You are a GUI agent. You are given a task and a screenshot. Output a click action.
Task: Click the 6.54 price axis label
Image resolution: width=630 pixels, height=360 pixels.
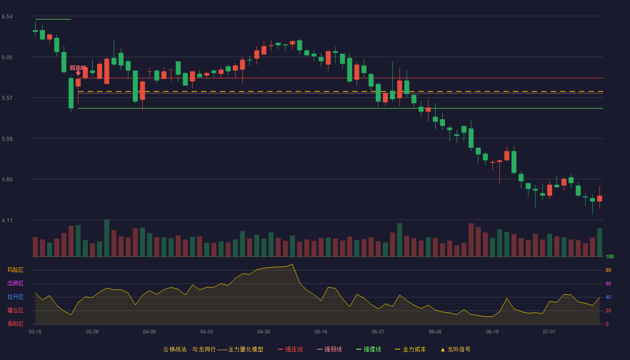pos(7,17)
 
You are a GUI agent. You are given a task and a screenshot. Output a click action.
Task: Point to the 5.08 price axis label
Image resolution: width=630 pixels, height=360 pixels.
pos(7,139)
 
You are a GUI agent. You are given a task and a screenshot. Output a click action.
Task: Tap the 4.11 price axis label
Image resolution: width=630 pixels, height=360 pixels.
pos(7,220)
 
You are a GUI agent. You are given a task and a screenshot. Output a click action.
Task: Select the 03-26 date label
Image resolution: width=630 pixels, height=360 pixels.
pos(92,332)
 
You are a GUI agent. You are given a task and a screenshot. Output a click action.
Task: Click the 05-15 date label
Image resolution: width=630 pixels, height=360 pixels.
pos(321,332)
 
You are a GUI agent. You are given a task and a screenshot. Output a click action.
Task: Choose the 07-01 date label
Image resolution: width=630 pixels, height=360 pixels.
pos(549,332)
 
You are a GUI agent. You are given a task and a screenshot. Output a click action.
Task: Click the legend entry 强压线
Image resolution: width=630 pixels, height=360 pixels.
pos(291,349)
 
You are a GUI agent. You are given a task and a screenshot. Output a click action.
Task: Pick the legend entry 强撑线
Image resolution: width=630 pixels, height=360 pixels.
pos(369,349)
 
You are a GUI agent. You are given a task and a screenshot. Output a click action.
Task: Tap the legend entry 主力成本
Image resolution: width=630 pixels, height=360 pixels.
pos(410,349)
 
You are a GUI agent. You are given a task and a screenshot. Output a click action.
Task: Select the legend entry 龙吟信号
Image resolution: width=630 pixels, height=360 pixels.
pos(455,349)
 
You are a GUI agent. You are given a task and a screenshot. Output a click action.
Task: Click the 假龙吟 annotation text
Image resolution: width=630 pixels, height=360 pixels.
pos(77,68)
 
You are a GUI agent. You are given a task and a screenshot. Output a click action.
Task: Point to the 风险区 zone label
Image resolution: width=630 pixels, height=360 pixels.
pos(15,270)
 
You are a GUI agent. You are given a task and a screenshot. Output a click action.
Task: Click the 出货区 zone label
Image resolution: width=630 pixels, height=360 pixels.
pos(15,283)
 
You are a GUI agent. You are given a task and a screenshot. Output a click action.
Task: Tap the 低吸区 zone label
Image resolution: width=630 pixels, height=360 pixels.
pos(15,324)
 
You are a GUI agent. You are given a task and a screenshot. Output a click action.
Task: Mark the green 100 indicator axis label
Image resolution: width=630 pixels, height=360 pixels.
pos(610,256)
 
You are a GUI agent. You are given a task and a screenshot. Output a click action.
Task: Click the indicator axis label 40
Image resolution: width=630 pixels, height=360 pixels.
pos(608,297)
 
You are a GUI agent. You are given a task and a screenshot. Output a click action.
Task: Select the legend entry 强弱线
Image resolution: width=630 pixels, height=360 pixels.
pos(329,349)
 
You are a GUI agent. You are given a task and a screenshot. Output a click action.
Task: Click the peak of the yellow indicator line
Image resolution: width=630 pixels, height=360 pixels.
pos(292,265)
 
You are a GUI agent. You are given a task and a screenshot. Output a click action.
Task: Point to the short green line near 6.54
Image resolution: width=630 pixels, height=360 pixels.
pos(53,19)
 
